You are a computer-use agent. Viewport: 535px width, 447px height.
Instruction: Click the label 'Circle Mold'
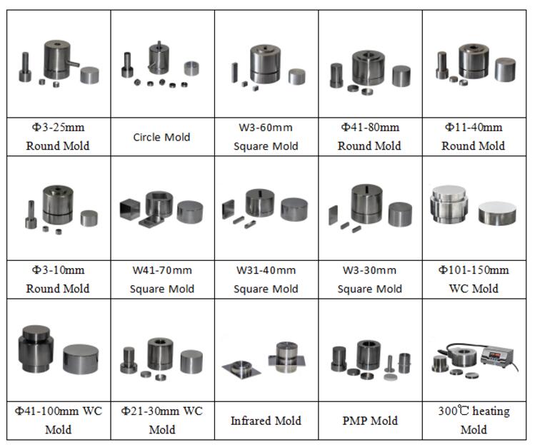pyautogui.click(x=161, y=137)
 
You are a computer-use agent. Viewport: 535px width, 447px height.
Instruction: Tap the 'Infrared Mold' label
pyautogui.click(x=266, y=421)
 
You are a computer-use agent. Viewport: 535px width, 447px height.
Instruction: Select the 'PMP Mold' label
pyautogui.click(x=370, y=421)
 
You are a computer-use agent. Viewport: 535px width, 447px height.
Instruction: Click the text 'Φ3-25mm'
pyautogui.click(x=58, y=128)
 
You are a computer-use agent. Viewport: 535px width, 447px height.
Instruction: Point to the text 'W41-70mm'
pyautogui.click(x=162, y=270)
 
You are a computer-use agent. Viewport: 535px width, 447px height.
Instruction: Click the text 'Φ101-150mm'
pyautogui.click(x=474, y=270)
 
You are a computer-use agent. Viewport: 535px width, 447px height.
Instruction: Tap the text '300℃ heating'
pyautogui.click(x=474, y=411)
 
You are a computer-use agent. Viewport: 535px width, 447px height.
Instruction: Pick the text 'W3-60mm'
pyautogui.click(x=266, y=128)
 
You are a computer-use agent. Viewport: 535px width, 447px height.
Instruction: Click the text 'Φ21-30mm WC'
pyautogui.click(x=161, y=411)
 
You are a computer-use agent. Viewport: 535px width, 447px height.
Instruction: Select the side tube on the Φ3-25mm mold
pyautogui.click(x=73, y=63)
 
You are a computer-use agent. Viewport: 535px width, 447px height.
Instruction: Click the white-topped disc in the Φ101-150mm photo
pyautogui.click(x=497, y=212)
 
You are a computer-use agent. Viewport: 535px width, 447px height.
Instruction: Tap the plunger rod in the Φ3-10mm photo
pyautogui.click(x=31, y=215)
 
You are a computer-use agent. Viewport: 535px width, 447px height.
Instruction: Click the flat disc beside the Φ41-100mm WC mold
pyautogui.click(x=81, y=359)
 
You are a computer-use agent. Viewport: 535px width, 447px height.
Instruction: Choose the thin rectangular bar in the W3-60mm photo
pyautogui.click(x=234, y=73)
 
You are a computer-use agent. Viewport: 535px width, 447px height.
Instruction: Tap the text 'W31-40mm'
pyautogui.click(x=266, y=270)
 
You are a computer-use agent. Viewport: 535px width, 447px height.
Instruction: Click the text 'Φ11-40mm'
pyautogui.click(x=474, y=128)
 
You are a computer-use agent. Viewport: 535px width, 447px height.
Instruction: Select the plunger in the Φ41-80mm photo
pyautogui.click(x=336, y=76)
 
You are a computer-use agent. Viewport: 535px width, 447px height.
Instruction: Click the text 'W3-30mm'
pyautogui.click(x=369, y=270)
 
